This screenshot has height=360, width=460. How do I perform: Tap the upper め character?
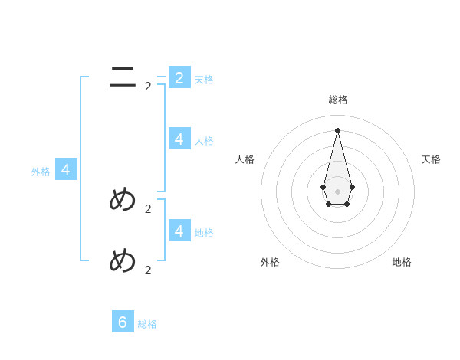(123, 200)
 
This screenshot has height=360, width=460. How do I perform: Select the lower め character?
(123, 261)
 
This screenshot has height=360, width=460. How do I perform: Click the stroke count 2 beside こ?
(148, 87)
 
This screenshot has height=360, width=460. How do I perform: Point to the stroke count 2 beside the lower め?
(148, 270)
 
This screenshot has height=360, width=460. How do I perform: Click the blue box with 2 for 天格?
(179, 77)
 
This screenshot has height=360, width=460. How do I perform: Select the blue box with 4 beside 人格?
(179, 139)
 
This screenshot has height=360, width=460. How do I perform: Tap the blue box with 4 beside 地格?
(179, 230)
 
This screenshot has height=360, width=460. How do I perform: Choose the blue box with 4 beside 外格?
(66, 170)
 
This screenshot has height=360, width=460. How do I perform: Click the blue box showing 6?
(123, 322)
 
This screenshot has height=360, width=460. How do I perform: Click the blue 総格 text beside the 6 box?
(147, 324)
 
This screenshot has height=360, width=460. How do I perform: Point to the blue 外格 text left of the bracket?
(41, 172)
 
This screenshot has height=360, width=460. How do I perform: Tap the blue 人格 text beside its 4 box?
(204, 141)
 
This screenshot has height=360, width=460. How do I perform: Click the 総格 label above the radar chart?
(338, 100)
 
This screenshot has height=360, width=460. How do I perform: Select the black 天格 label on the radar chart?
(431, 159)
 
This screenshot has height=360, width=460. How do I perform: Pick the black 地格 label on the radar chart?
(402, 262)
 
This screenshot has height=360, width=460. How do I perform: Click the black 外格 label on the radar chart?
(270, 262)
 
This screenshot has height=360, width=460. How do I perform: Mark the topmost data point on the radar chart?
(337, 130)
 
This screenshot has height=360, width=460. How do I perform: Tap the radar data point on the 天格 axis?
(352, 187)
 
